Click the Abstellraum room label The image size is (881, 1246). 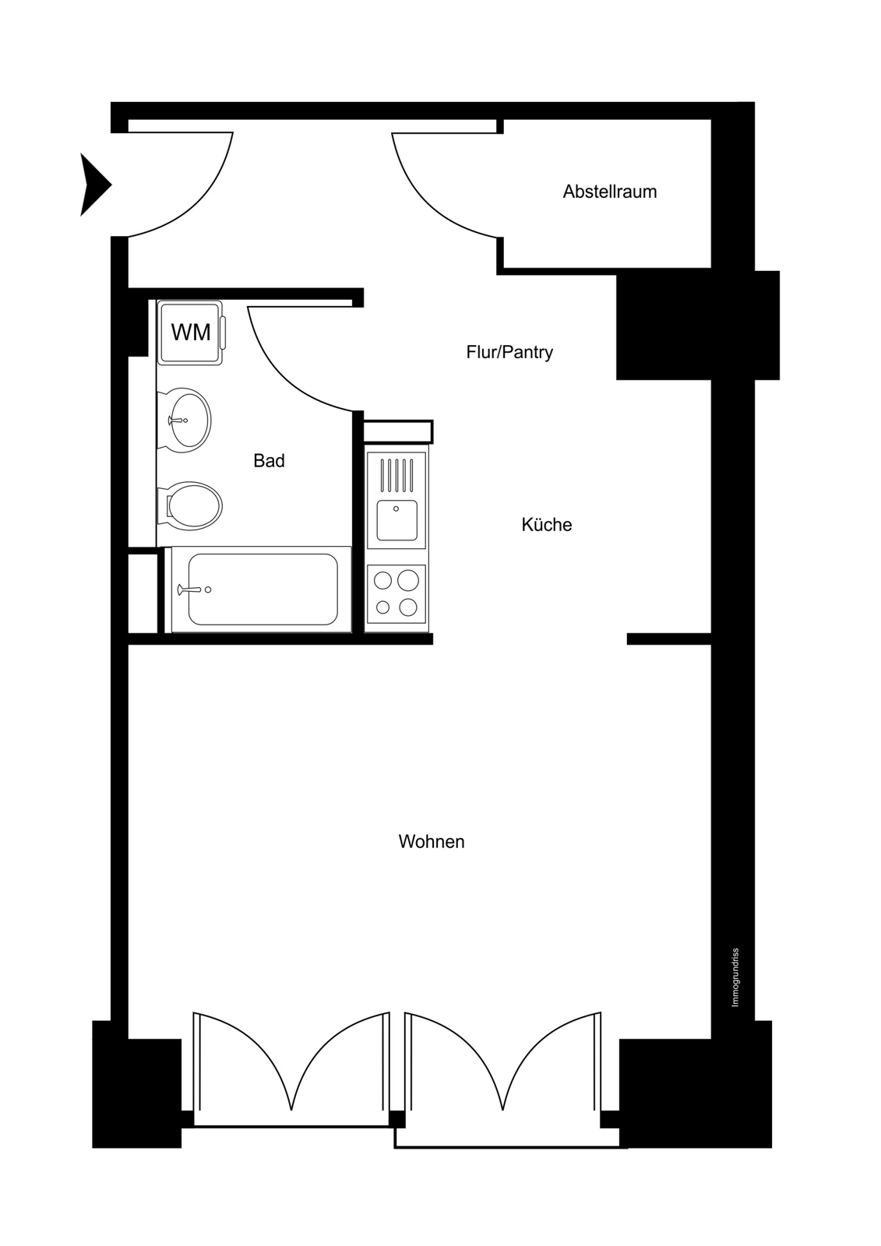609,192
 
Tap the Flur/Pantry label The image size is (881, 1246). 509,352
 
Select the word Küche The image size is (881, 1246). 547,524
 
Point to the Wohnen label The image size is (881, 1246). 432,841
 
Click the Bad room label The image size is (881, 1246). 269,460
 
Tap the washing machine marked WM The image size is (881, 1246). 192,333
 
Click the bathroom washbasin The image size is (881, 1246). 184,420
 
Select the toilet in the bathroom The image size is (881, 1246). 190,505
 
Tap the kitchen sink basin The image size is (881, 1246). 396,520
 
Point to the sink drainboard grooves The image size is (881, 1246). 396,476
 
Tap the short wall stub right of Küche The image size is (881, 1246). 669,639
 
